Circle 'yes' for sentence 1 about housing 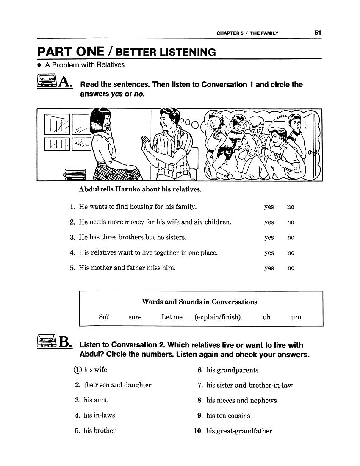(x=269, y=207)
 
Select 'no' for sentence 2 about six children (x=291, y=222)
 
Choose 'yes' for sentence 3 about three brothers (x=269, y=238)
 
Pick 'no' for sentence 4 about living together (x=291, y=253)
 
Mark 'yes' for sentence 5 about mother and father (x=269, y=268)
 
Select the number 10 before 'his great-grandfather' (x=198, y=431)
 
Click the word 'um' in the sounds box (x=296, y=317)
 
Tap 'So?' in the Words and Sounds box (x=104, y=317)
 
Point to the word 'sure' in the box (x=135, y=317)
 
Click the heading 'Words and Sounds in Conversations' (x=199, y=302)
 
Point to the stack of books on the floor (x=75, y=174)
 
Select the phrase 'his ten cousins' (x=228, y=416)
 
